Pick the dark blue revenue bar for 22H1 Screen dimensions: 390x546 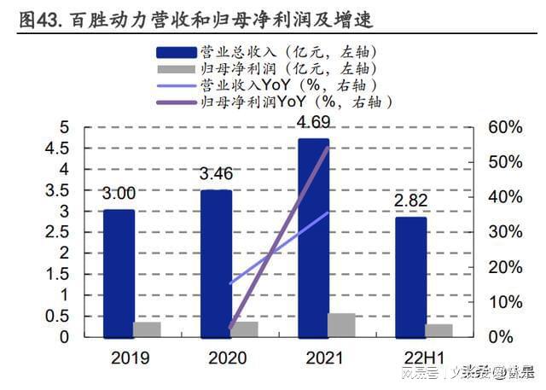click(411, 276)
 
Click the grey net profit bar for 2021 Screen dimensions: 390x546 click(342, 325)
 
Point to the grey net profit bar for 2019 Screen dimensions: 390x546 click(147, 329)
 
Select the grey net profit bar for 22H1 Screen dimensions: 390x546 click(439, 330)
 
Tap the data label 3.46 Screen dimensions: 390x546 click(216, 176)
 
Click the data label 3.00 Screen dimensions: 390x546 click(119, 194)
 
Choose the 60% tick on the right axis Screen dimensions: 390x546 click(504, 127)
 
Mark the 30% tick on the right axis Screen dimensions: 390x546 click(504, 232)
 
